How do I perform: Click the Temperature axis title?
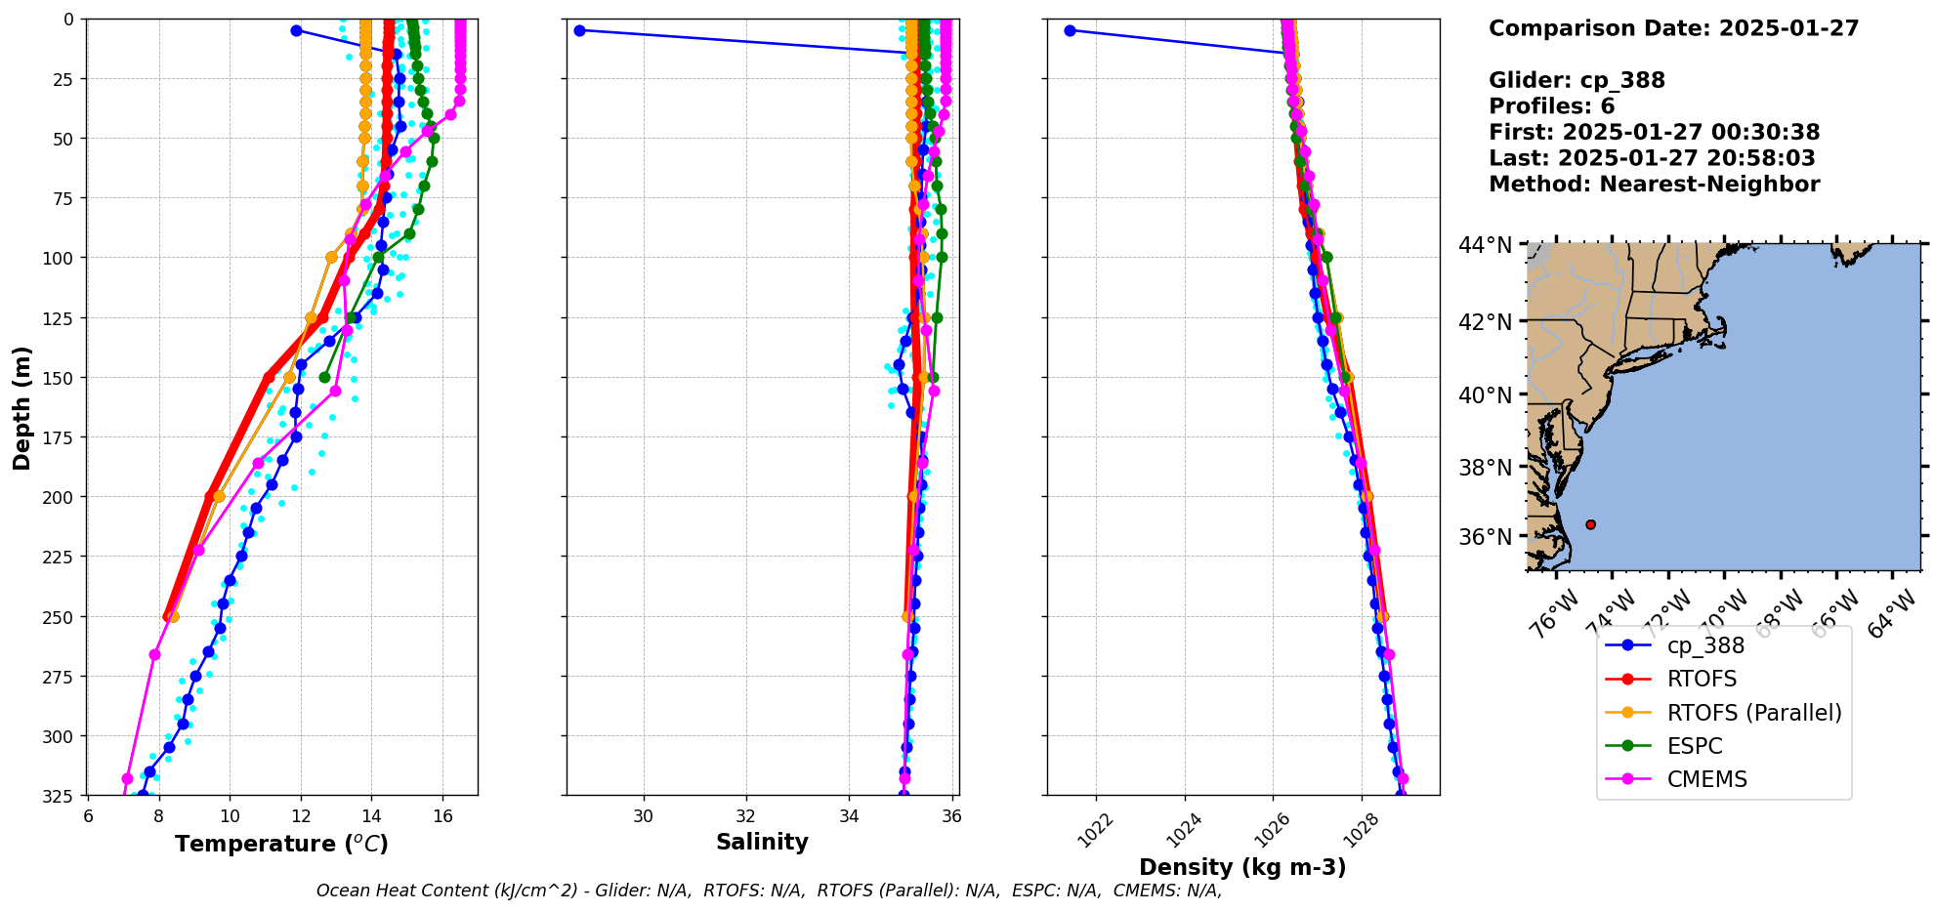tap(281, 844)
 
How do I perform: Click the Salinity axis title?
tap(762, 842)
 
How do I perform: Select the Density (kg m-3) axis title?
tap(1242, 867)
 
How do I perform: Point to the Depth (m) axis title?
tap(21, 407)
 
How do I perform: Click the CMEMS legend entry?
tap(1706, 779)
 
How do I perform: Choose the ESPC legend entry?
tap(1695, 746)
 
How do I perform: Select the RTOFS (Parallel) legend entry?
tap(1753, 713)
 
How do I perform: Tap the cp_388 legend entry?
tap(1705, 645)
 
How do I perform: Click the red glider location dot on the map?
tap(1590, 524)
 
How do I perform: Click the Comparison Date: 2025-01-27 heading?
tap(1673, 28)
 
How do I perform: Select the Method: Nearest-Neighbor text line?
tap(1654, 185)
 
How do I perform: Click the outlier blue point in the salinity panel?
tap(579, 30)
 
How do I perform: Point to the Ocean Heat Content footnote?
tap(769, 891)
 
